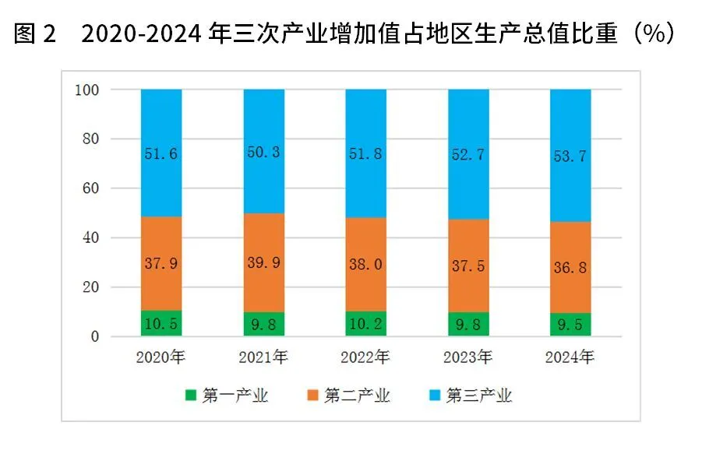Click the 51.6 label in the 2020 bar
click(x=161, y=154)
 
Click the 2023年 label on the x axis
click(x=468, y=358)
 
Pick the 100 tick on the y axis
click(x=86, y=90)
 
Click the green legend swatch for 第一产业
click(x=190, y=396)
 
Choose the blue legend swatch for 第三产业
click(x=434, y=396)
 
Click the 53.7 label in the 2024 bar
click(x=570, y=156)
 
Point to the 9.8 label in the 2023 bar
click(x=468, y=325)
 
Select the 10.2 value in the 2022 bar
click(x=365, y=324)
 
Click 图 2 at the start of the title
click(x=36, y=33)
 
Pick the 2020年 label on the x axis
click(x=161, y=358)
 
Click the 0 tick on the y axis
click(x=94, y=336)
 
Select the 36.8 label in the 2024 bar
click(x=570, y=267)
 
